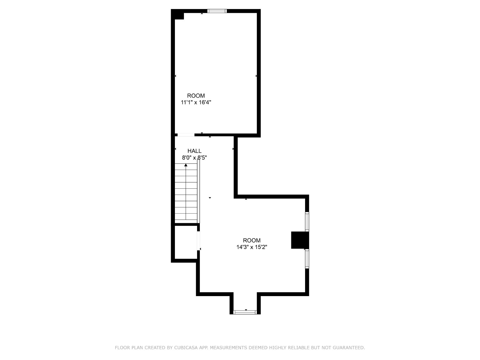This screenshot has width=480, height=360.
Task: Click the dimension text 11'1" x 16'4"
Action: point(196,102)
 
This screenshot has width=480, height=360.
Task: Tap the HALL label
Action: point(194,151)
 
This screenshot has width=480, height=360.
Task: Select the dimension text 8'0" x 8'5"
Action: point(194,157)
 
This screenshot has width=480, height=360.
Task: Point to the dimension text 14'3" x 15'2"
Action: point(252,247)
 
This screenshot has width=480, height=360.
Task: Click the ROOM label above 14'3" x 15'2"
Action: point(252,240)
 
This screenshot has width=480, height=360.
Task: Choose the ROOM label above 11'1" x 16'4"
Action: point(196,95)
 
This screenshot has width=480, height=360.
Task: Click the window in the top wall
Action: point(217,11)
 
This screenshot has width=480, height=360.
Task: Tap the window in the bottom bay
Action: point(245,312)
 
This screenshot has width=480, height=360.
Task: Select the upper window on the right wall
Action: point(307,221)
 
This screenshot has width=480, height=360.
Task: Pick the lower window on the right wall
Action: point(307,259)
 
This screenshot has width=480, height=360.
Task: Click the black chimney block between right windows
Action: point(300,240)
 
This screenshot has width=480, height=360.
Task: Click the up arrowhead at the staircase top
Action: point(186,165)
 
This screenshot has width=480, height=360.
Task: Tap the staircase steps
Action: point(186,192)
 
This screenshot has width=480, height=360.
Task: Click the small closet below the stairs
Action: point(186,242)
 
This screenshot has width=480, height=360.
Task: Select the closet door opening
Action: point(198,241)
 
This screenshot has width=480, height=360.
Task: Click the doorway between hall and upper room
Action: point(186,135)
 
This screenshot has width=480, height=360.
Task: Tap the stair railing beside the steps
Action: point(199,191)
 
